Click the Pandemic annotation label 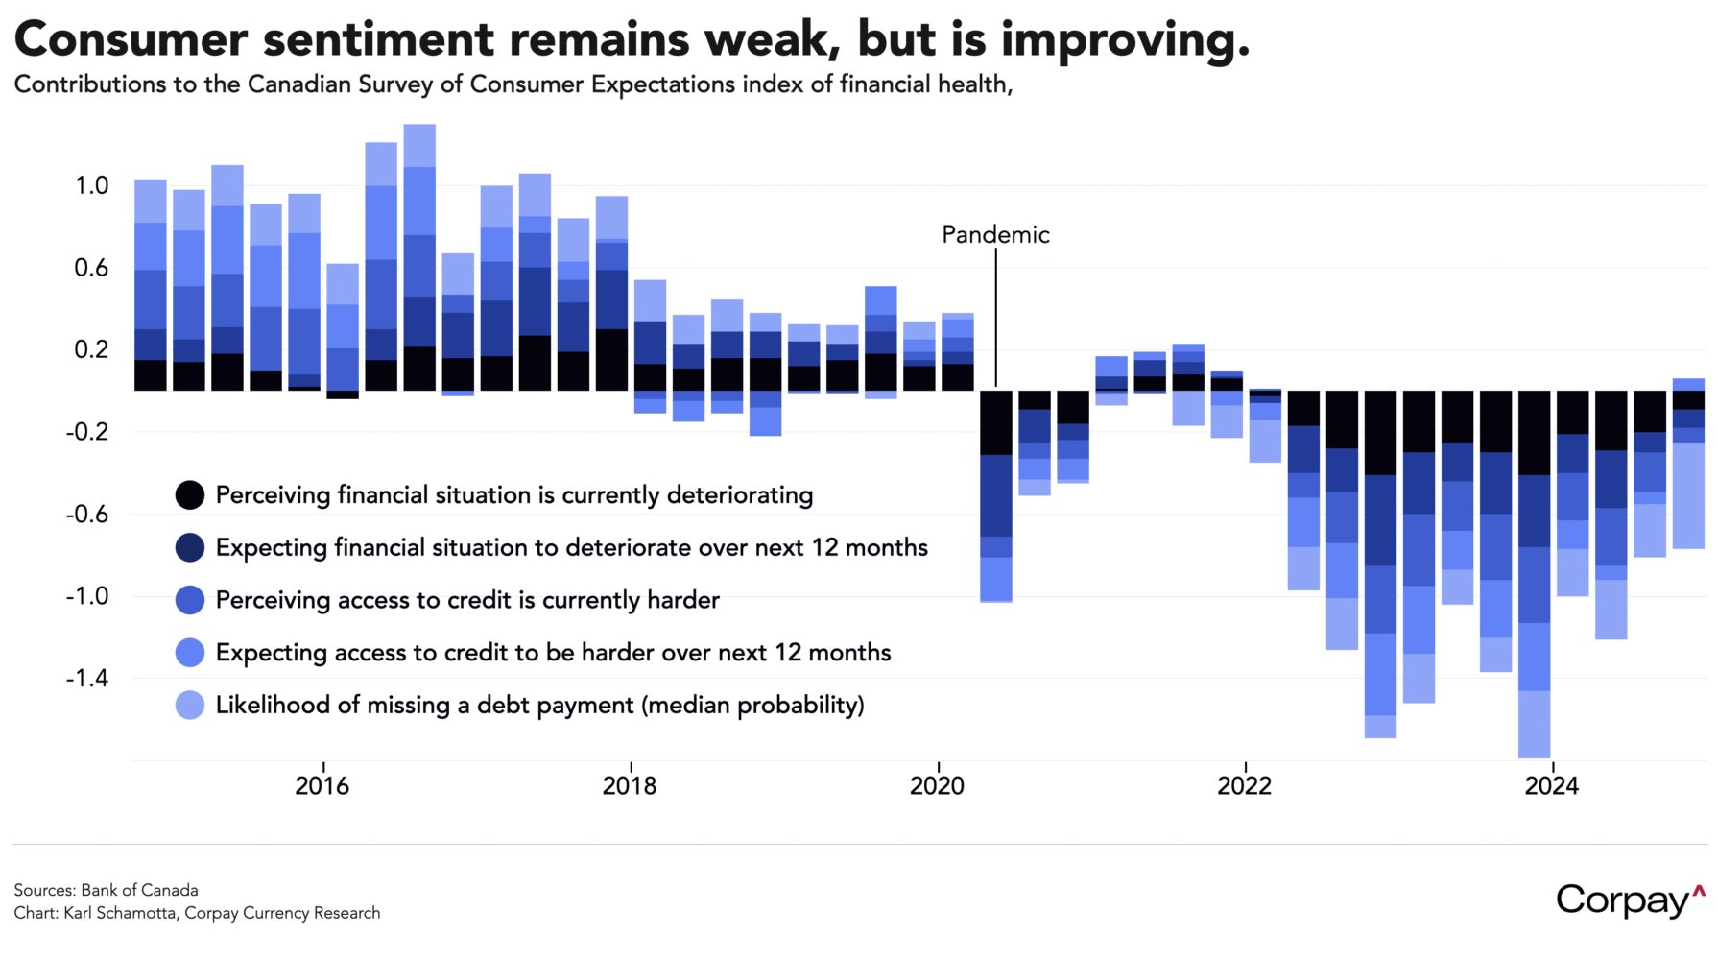tap(995, 235)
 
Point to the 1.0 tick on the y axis tap(92, 185)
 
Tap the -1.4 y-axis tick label tap(87, 679)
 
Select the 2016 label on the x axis tap(322, 786)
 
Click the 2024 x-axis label tap(1551, 786)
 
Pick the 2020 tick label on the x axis tap(937, 786)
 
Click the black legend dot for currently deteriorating tap(190, 495)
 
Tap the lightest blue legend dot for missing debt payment tap(190, 706)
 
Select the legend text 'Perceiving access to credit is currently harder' tap(467, 600)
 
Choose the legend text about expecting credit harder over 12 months tap(553, 653)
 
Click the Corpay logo tap(1630, 900)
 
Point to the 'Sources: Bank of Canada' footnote tap(106, 890)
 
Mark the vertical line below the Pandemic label tap(995, 317)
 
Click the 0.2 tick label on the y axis tap(92, 349)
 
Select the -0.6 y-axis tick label tap(87, 515)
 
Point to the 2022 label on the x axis tap(1244, 786)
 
